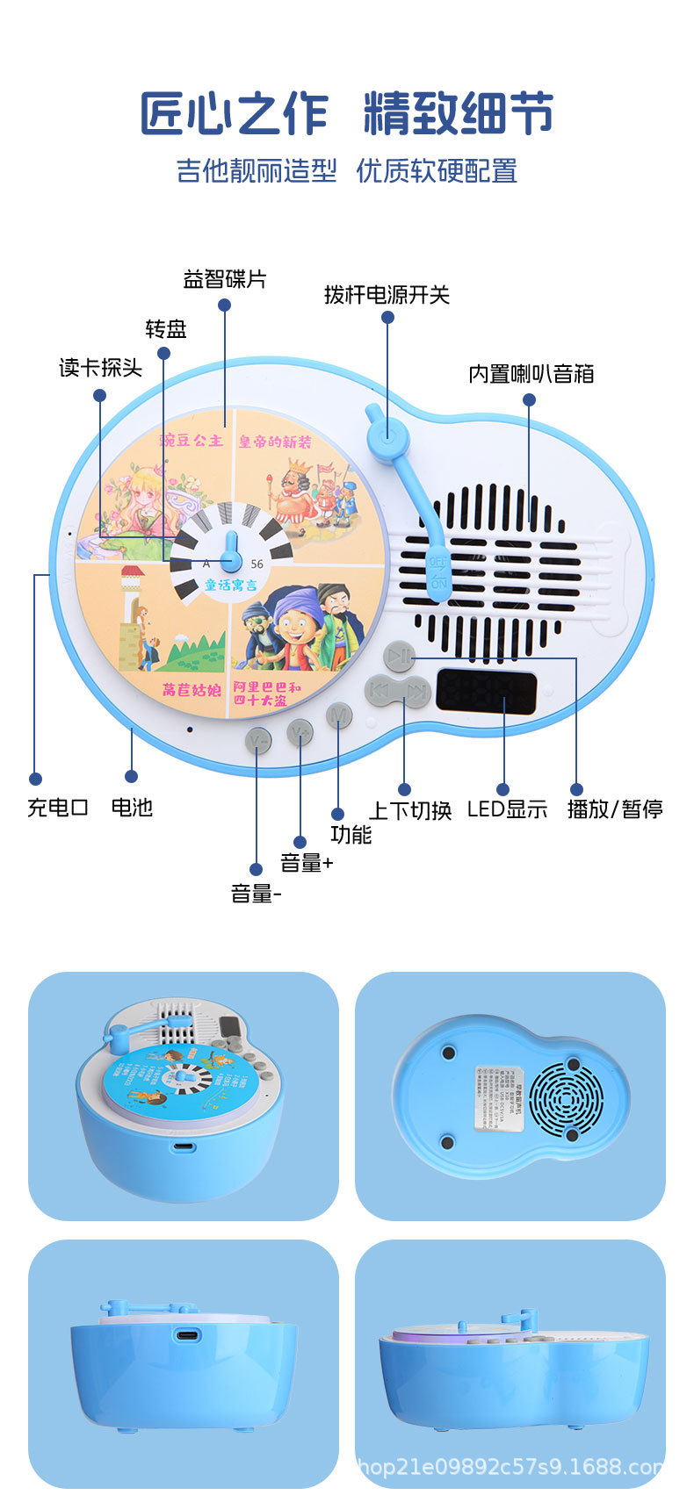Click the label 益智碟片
coord(224,279)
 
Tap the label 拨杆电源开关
coord(387,295)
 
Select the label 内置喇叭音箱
coord(531,374)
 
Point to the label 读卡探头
coord(100,368)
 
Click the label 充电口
coord(58,808)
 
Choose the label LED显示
coord(507,809)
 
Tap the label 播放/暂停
coord(615,809)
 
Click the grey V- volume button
coord(258,741)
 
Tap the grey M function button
coord(339,715)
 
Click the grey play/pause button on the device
coord(398,655)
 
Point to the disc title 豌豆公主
coord(192,440)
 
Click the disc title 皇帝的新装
coord(275,442)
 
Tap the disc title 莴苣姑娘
coord(191,690)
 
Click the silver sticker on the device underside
coord(499,1096)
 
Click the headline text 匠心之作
coord(235,114)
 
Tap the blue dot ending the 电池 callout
coord(131,776)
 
